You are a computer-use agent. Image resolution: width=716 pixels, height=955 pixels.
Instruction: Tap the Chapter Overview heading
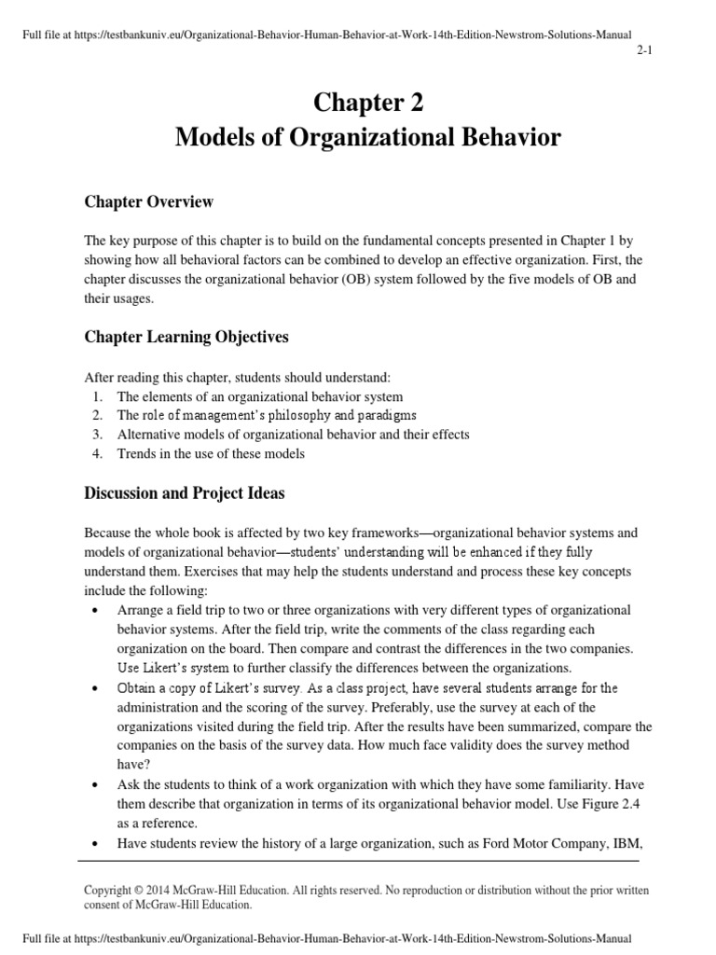149,201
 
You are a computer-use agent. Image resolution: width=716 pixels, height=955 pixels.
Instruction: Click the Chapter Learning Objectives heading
186,337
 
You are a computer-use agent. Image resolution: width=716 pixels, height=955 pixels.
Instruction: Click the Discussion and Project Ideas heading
185,493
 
